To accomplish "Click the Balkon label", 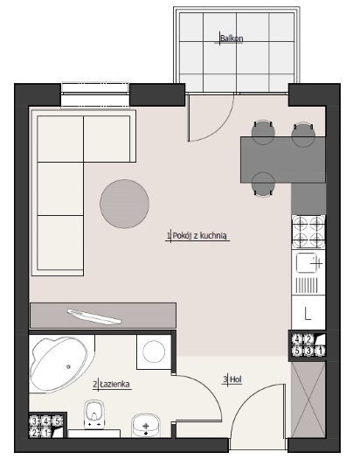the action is tap(232, 38).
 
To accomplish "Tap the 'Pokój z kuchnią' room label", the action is tap(200, 236).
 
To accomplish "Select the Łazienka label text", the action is tap(115, 384).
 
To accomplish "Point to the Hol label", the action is tap(236, 379).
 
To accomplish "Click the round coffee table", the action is tap(125, 204).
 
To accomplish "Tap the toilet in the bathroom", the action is tap(94, 414).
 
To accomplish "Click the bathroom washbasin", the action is tap(146, 425).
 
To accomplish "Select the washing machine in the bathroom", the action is tap(154, 352).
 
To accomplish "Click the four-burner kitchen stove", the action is tap(308, 232).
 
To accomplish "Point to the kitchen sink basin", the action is tap(306, 262).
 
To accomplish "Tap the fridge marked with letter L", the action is tap(308, 313).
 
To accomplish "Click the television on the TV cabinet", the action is tap(94, 316).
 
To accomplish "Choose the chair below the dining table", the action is tap(263, 184).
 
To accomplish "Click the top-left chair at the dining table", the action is tap(263, 132).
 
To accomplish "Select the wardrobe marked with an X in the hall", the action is tap(308, 400).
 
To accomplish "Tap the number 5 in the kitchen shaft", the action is tap(297, 351).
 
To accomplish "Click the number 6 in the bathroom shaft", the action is tap(58, 421).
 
